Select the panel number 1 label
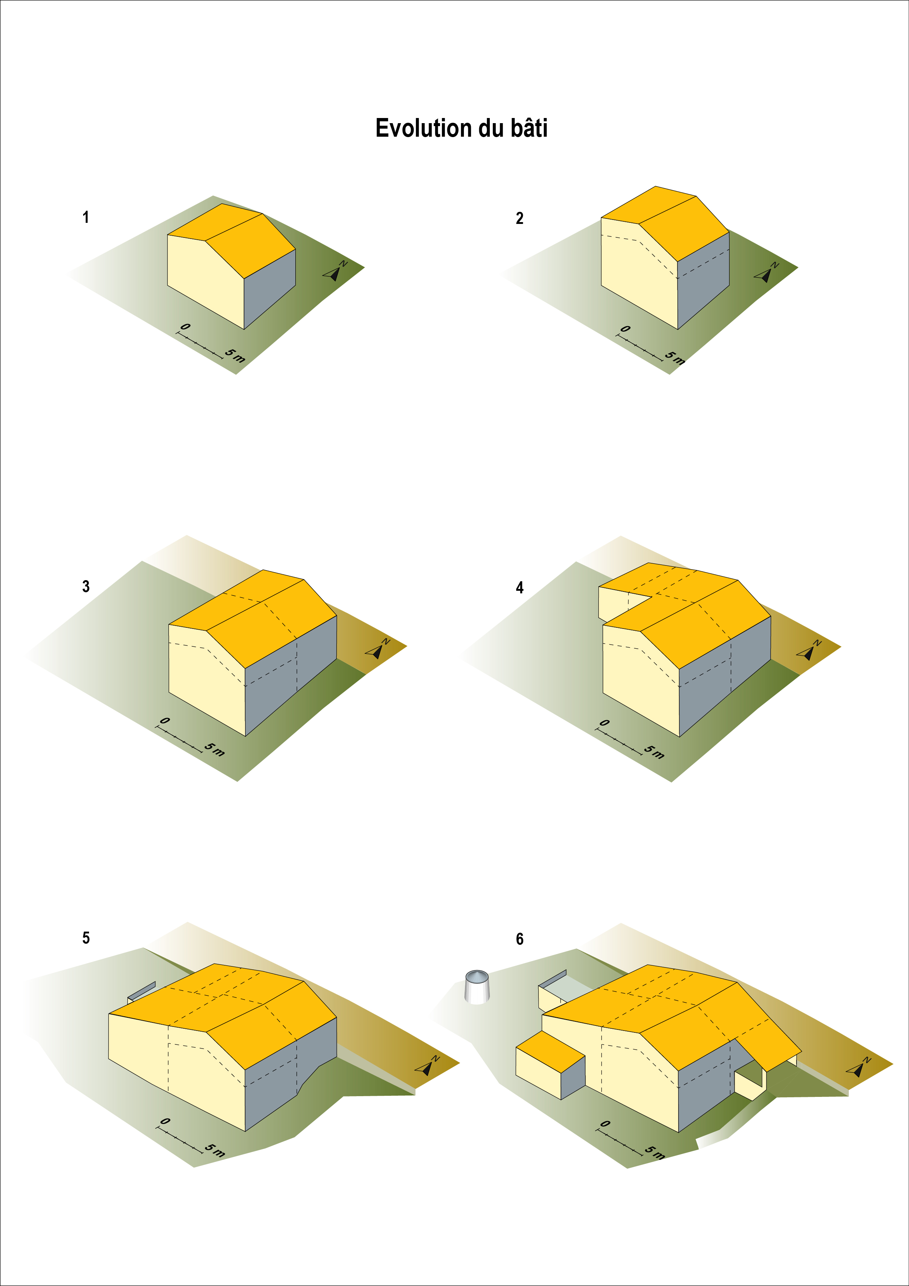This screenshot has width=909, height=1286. [x=86, y=217]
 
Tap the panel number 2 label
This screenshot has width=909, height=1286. [x=520, y=218]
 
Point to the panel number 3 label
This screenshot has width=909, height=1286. [x=86, y=586]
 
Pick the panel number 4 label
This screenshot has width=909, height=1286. [x=520, y=587]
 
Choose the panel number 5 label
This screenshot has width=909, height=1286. [x=86, y=938]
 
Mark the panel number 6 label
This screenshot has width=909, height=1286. [x=520, y=939]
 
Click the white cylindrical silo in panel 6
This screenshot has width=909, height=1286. [x=477, y=987]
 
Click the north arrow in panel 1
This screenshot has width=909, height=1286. [x=335, y=271]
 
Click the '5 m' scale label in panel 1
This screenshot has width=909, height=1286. [x=235, y=355]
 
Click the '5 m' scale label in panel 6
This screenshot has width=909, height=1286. [x=654, y=1152]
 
